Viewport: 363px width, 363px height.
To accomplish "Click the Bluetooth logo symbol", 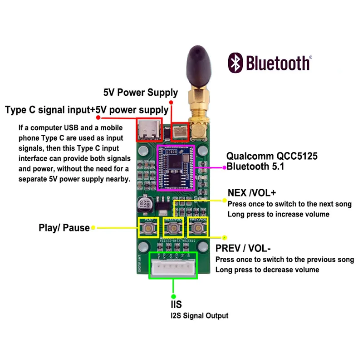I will (x=235, y=63).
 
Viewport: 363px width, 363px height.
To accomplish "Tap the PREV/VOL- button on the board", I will (x=198, y=227).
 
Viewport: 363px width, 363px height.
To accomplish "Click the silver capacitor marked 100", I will (x=143, y=205).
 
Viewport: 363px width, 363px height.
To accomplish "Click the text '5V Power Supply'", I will (x=141, y=93).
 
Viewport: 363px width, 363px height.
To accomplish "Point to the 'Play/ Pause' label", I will (x=64, y=228).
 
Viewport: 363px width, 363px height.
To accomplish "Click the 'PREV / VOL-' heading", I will (x=243, y=249).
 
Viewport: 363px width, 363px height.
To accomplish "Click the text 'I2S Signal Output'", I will (x=199, y=316).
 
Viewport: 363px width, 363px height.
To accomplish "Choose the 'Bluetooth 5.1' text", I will (x=255, y=167).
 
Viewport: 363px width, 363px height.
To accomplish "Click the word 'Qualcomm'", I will (x=249, y=156).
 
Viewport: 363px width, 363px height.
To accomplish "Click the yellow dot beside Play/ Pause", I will (x=93, y=228).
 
